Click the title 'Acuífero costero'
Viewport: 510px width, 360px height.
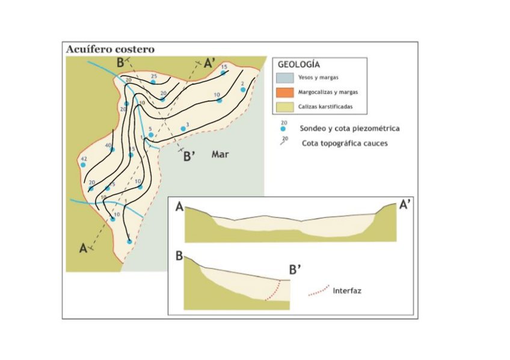pyautogui.click(x=110, y=49)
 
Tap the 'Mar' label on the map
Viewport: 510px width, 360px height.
pyautogui.click(x=220, y=154)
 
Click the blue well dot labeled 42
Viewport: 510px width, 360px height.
pyautogui.click(x=84, y=165)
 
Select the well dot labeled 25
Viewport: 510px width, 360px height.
pyautogui.click(x=153, y=82)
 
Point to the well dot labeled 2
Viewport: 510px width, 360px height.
pyautogui.click(x=243, y=90)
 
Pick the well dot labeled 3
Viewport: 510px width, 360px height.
pyautogui.click(x=183, y=129)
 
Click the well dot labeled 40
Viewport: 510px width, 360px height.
pyautogui.click(x=112, y=150)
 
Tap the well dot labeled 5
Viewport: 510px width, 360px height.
pyautogui.click(x=151, y=135)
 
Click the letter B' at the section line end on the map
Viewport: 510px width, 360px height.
pyautogui.click(x=190, y=156)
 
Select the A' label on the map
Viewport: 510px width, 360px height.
pyautogui.click(x=210, y=63)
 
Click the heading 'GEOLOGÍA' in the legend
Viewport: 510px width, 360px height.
pyautogui.click(x=298, y=64)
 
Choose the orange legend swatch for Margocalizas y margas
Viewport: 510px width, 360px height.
pyautogui.click(x=284, y=92)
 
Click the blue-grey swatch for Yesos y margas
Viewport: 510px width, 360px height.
pyautogui.click(x=284, y=78)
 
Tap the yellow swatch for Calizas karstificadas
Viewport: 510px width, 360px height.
pyautogui.click(x=284, y=107)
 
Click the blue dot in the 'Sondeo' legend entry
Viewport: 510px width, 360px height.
pyautogui.click(x=283, y=129)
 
